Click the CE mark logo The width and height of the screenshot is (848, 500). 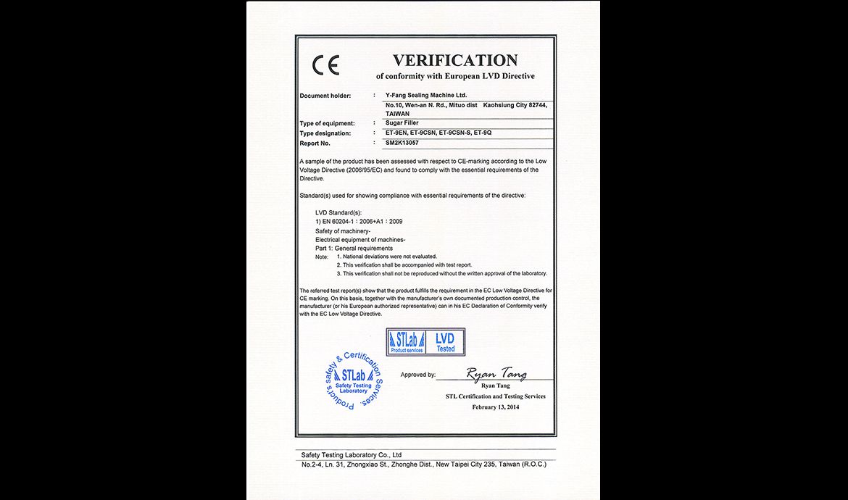point(325,64)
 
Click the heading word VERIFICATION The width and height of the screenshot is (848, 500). point(455,60)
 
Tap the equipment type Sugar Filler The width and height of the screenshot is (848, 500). point(402,123)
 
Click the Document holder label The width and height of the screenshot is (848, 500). point(325,96)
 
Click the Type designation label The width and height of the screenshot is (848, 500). point(325,133)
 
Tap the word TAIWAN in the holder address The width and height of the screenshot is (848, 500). point(399,114)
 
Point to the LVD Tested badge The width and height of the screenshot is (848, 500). point(445,342)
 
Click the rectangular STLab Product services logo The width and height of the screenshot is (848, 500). point(406,342)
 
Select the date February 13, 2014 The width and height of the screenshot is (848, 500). point(496,407)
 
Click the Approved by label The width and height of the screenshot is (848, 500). point(418,375)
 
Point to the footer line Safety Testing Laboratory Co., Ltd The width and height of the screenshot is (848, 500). point(352,455)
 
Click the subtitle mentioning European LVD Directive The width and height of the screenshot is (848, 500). point(455,76)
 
